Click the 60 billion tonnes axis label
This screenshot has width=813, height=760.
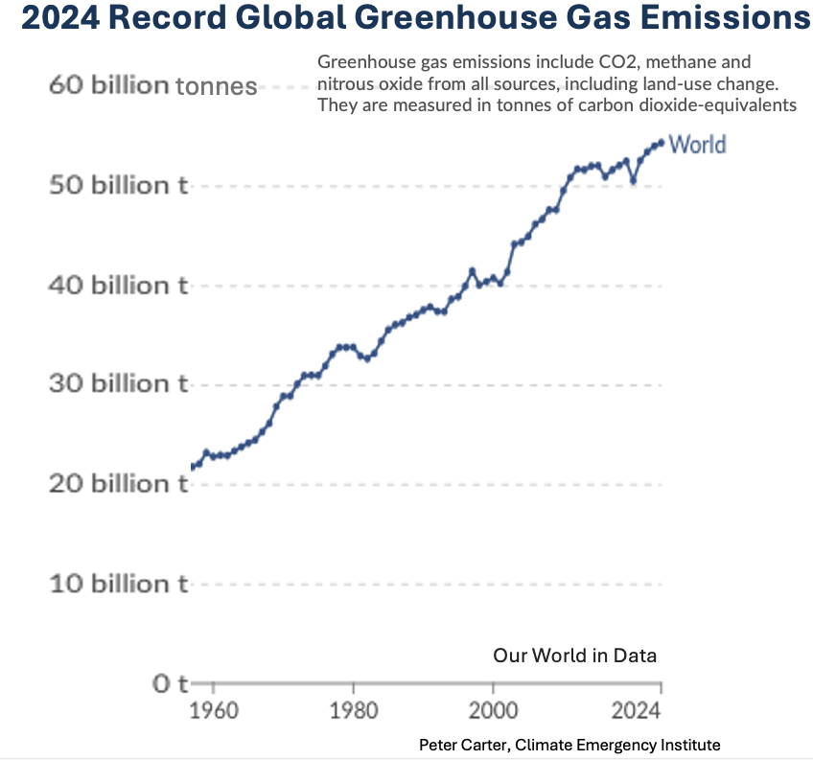[152, 86]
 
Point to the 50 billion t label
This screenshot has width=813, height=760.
[117, 185]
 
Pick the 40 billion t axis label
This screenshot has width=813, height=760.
[117, 285]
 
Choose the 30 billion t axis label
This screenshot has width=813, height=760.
[117, 384]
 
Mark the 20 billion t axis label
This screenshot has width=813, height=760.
[117, 484]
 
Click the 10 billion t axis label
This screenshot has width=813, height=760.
[117, 584]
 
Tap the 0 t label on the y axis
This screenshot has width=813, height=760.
[170, 684]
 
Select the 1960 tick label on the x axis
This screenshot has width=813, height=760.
[213, 713]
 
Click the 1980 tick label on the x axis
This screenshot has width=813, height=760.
[353, 713]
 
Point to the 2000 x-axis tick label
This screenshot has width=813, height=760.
[493, 713]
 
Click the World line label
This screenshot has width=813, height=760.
[697, 145]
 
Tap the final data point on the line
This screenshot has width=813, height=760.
[661, 143]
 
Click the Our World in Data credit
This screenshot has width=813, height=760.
[574, 656]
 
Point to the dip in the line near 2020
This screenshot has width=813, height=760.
[633, 179]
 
